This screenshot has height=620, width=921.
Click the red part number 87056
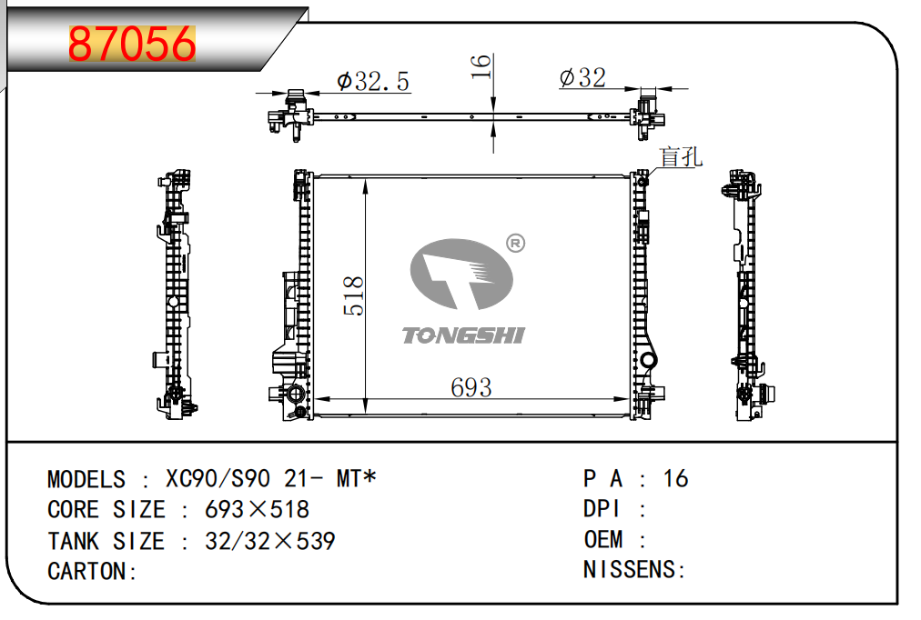(x=132, y=44)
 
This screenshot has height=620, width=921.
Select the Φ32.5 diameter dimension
(x=373, y=82)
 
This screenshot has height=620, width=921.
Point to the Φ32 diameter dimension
(x=582, y=77)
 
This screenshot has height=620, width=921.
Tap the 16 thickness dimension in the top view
(x=481, y=66)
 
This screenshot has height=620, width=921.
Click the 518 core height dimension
(x=353, y=296)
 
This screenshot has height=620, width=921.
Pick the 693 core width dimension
(x=471, y=387)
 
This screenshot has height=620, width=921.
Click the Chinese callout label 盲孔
(x=681, y=156)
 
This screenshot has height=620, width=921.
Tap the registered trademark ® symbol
(x=515, y=243)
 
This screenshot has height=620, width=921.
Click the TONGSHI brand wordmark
(x=463, y=335)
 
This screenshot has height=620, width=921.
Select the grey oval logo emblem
(x=461, y=274)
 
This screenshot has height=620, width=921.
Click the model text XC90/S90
(x=218, y=479)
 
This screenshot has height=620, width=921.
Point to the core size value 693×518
(x=257, y=509)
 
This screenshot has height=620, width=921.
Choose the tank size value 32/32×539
(x=269, y=541)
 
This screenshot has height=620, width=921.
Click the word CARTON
(x=87, y=571)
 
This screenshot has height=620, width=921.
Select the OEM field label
(x=603, y=539)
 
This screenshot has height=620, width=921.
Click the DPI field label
(x=602, y=508)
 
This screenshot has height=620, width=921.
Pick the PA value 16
(x=675, y=479)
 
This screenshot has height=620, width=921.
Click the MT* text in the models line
(x=356, y=479)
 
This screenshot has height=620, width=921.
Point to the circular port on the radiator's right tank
(x=648, y=360)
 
